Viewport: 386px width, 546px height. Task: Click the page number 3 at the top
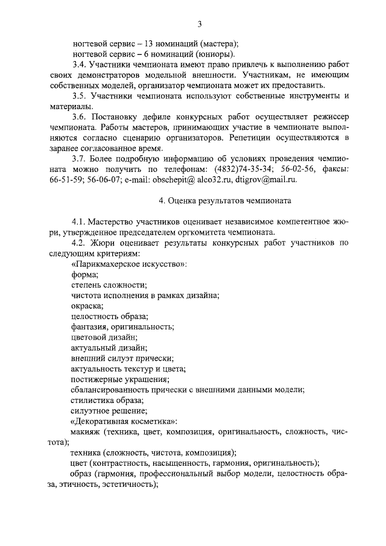tap(199, 24)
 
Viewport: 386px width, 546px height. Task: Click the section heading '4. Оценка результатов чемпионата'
tap(223, 200)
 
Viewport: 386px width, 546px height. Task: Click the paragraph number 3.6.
tap(78, 117)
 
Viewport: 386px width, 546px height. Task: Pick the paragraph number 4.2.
tap(78, 243)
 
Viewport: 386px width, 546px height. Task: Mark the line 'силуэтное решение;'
tap(104, 410)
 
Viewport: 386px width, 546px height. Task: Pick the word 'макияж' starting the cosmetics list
tap(84, 431)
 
